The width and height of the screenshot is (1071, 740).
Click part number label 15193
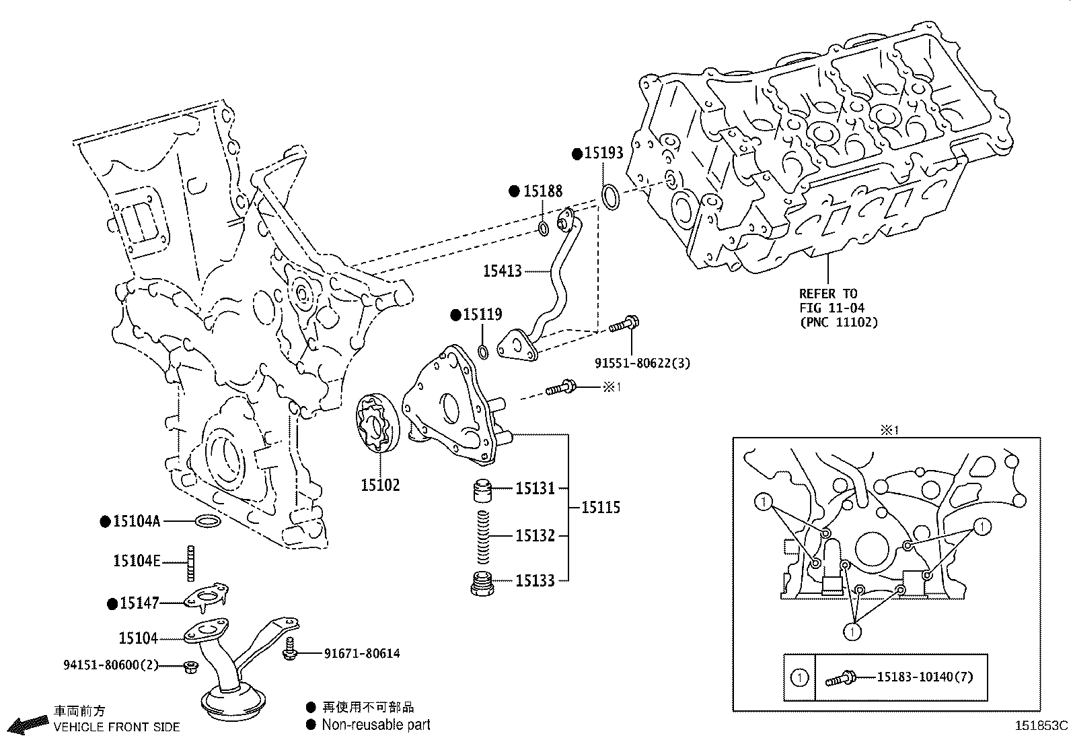pos(603,154)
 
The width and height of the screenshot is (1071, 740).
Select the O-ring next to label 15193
pos(610,197)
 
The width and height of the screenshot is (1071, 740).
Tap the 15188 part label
pos(542,191)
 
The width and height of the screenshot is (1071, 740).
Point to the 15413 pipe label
pos(502,271)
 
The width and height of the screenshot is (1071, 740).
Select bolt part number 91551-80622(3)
pos(642,363)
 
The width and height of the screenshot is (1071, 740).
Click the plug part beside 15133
pos(482,583)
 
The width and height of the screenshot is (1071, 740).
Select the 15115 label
pos(601,508)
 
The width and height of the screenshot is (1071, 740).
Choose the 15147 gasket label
pos(139,603)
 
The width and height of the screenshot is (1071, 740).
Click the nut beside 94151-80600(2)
pos(190,667)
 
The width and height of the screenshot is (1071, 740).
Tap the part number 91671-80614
pos(362,653)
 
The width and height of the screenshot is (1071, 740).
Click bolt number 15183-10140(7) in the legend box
pos(924,677)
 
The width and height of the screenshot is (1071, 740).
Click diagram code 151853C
pos(1041,726)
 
